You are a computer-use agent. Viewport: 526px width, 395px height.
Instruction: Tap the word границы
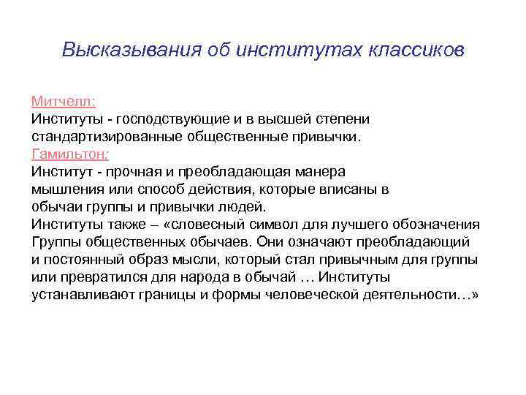click(x=191, y=295)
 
